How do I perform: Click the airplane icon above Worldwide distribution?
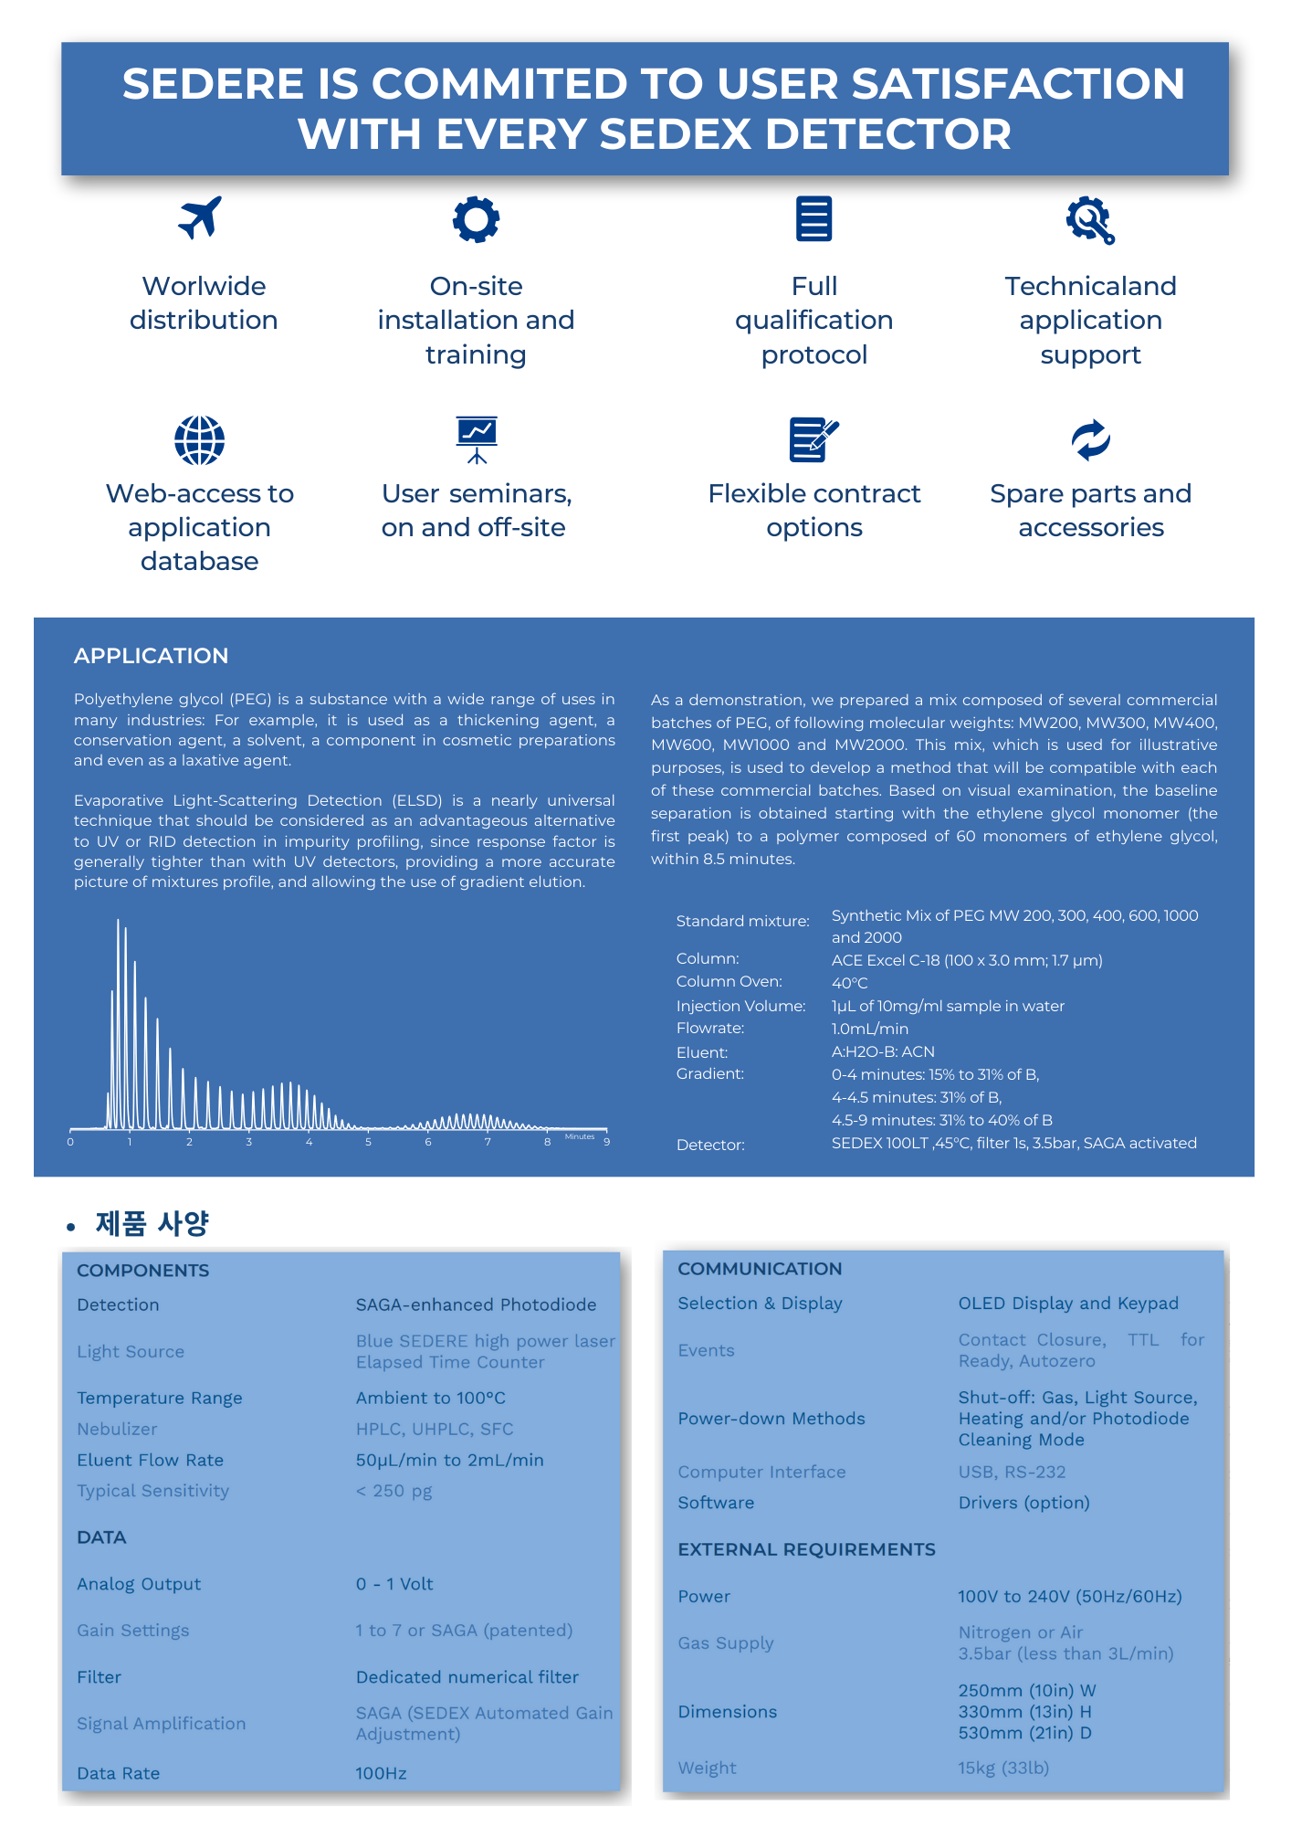tap(200, 218)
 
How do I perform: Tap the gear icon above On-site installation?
tap(476, 219)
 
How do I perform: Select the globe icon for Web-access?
tap(200, 440)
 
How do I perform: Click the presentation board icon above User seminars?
tap(476, 439)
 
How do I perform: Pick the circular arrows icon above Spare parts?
tap(1090, 440)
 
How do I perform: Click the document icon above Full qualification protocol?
tap(813, 219)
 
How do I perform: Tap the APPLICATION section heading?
tap(151, 656)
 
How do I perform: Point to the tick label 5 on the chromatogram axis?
tap(368, 1143)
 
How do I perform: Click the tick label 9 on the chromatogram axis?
tap(606, 1143)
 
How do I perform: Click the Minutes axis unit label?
tap(580, 1136)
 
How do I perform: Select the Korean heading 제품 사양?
tap(152, 1223)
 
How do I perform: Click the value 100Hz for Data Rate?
tap(381, 1773)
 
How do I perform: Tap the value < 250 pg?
tap(394, 1491)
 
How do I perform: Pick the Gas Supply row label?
tap(725, 1643)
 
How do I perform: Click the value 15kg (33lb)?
tap(1003, 1768)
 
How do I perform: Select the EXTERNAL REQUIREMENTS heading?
tap(806, 1549)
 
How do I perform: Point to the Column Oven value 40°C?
tap(849, 983)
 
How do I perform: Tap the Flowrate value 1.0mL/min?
tap(869, 1029)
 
